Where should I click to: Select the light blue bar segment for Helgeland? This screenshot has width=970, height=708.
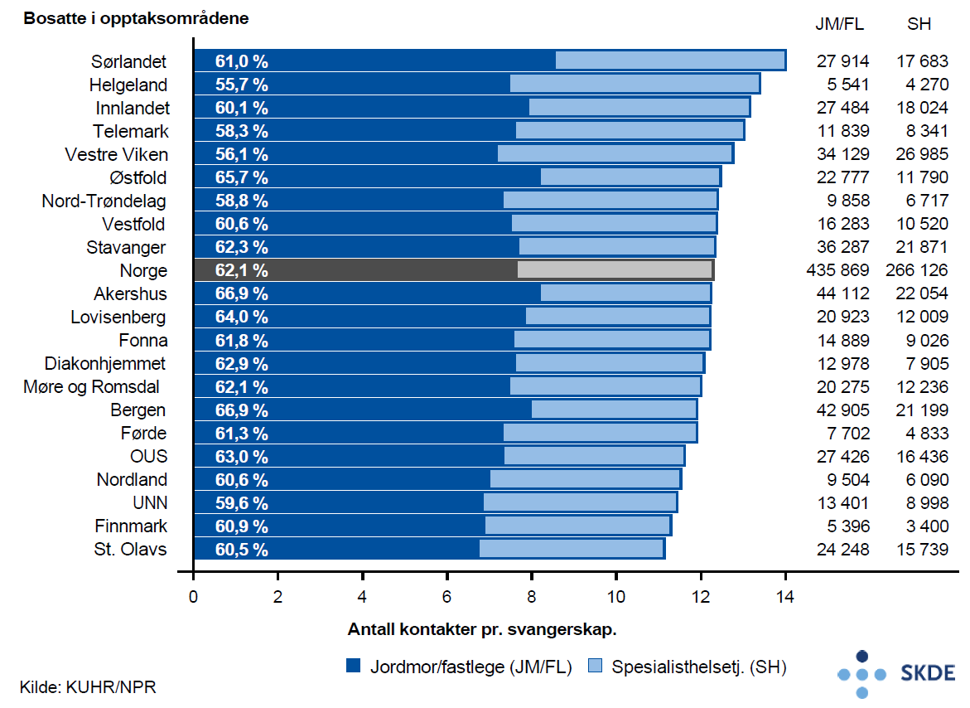(x=635, y=84)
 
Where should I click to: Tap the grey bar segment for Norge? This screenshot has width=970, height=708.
(x=615, y=269)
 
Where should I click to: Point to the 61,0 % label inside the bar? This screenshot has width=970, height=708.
(x=241, y=61)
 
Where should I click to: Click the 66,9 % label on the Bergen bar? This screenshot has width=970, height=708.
(x=241, y=410)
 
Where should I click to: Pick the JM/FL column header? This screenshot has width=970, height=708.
(x=840, y=25)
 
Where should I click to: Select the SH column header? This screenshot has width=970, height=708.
(x=919, y=25)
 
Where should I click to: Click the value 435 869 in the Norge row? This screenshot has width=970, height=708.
(x=837, y=270)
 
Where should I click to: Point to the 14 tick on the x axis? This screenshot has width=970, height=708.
(x=784, y=595)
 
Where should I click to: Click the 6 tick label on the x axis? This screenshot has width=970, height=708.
(x=446, y=595)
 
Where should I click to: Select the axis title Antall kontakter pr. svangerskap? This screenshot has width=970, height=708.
(x=482, y=629)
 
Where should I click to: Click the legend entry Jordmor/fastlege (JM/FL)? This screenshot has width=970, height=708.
(x=460, y=667)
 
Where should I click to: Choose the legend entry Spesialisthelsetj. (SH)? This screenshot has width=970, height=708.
(x=687, y=667)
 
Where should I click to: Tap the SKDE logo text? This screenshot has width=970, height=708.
(x=927, y=673)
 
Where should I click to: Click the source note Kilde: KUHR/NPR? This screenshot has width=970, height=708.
(x=88, y=686)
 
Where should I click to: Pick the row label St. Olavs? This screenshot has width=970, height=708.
(x=131, y=549)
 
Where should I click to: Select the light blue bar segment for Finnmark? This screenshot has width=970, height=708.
(x=577, y=525)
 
